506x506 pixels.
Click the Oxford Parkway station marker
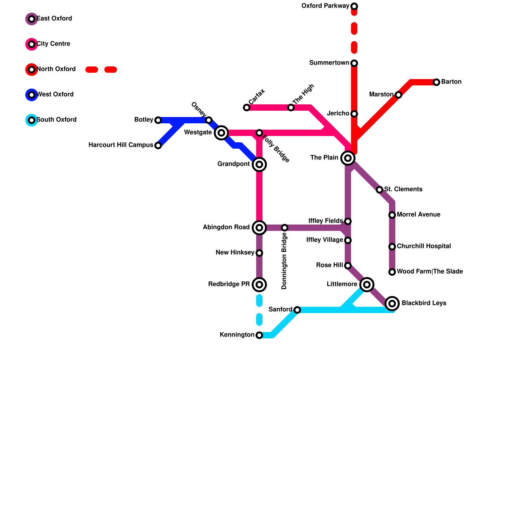[354, 6]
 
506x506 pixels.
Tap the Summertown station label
[329, 63]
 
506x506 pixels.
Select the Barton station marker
[436, 82]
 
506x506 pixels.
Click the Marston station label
[381, 95]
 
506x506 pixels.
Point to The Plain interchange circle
[348, 158]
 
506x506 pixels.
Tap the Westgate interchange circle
[221, 133]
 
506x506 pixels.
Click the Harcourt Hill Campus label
[121, 145]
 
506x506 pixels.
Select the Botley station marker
[158, 120]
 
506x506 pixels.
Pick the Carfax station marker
[247, 108]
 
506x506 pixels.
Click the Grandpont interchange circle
[259, 164]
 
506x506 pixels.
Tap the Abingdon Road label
[226, 227]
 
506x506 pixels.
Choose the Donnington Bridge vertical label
[284, 261]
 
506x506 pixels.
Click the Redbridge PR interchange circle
[259, 285]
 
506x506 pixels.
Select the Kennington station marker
[259, 335]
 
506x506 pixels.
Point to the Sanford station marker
[297, 310]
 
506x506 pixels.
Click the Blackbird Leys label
[424, 303]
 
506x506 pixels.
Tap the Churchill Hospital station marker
[392, 247]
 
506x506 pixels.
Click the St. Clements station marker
[379, 190]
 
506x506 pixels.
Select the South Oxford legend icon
[32, 120]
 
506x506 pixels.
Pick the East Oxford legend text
[54, 19]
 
